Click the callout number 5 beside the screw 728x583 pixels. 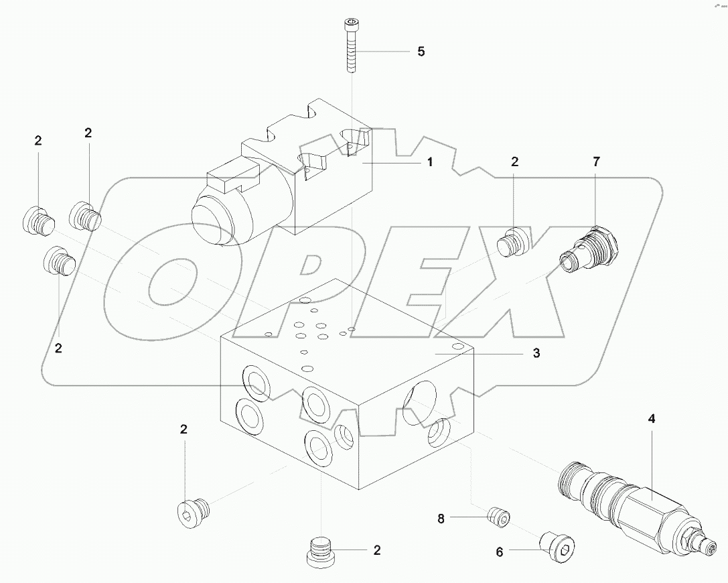coord(421,52)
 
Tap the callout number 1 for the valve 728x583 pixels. coord(429,161)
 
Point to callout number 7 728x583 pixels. coord(596,161)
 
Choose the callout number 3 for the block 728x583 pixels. coord(536,353)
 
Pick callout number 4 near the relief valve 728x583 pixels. coord(651,419)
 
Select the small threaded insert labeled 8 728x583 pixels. coord(498,517)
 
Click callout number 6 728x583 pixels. coord(499,552)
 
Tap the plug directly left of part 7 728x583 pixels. coord(514,243)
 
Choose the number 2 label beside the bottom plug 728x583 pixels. coord(377,550)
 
